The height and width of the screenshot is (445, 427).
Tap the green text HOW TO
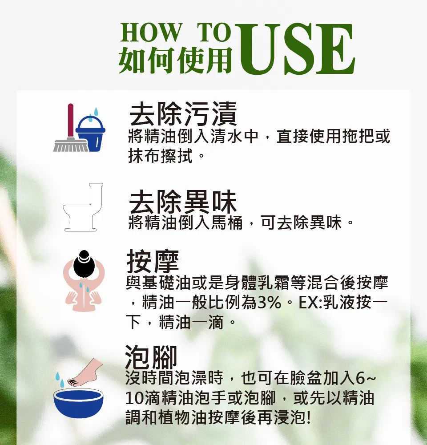[x=176, y=32]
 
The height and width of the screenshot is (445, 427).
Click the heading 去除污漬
[x=183, y=114]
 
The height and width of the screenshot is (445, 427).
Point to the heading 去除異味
[x=183, y=202]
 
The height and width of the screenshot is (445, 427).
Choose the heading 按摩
[x=153, y=261]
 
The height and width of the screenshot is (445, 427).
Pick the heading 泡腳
[x=151, y=356]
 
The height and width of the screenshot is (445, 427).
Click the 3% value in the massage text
[x=270, y=303]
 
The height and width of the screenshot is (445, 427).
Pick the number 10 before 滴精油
[x=135, y=398]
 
